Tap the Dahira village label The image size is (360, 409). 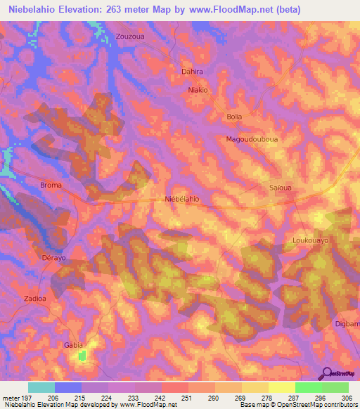(192, 72)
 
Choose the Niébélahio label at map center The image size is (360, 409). (181, 200)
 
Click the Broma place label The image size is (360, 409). (51, 186)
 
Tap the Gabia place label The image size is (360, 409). (73, 345)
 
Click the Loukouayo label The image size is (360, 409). (310, 240)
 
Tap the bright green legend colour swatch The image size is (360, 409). (308, 387)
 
